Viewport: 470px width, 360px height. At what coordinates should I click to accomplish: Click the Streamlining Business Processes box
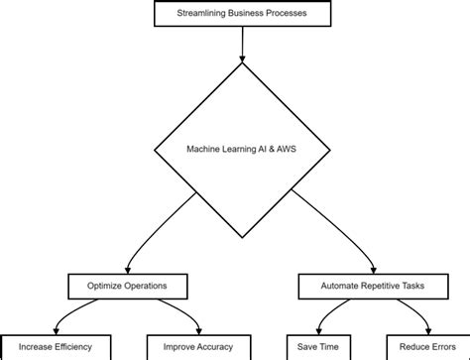point(241,14)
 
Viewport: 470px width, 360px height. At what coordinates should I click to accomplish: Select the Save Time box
point(316,347)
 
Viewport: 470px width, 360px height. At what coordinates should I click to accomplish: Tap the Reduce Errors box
point(420,347)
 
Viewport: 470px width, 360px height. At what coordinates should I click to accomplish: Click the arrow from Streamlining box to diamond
point(241,44)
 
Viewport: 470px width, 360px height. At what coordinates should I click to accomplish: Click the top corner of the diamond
point(241,64)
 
